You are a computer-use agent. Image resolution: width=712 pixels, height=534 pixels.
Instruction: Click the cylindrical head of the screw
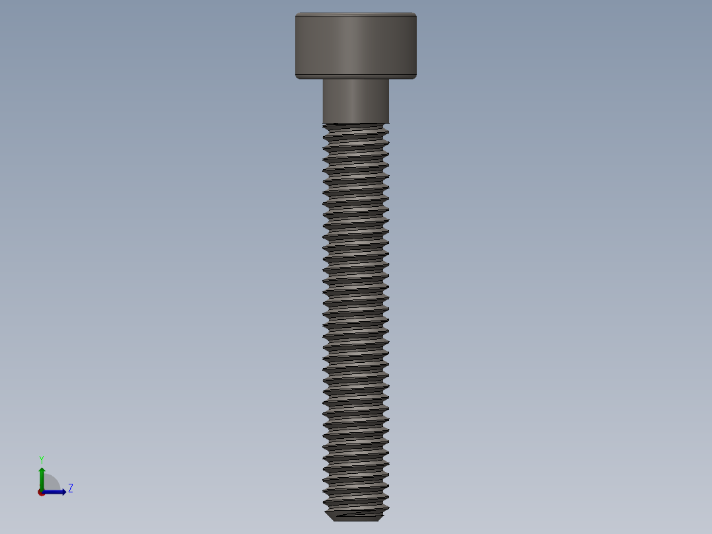[355, 43]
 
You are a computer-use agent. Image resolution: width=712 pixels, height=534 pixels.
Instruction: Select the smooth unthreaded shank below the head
[355, 100]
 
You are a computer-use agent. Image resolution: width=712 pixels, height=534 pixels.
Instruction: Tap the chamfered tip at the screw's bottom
[355, 515]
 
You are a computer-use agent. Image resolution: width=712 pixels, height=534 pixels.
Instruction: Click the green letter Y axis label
[42, 459]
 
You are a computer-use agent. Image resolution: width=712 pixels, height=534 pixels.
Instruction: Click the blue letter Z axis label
[70, 488]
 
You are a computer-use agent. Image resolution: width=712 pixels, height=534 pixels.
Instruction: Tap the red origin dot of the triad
[42, 492]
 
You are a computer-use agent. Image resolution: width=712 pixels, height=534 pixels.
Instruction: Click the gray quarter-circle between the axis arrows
[50, 484]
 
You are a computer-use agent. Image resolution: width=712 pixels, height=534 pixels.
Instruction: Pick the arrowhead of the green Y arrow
[42, 471]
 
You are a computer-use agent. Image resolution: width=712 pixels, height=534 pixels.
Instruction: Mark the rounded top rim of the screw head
[355, 15]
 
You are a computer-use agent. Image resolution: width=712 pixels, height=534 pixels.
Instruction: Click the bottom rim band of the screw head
[355, 75]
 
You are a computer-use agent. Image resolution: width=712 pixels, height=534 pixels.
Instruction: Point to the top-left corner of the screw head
[297, 15]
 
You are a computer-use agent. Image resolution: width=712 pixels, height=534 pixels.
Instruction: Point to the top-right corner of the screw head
[415, 15]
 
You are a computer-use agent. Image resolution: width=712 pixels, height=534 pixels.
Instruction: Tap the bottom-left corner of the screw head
[297, 77]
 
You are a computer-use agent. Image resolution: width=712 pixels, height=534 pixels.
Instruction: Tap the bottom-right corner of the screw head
[415, 77]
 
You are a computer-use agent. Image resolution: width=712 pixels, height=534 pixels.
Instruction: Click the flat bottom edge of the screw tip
[355, 520]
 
